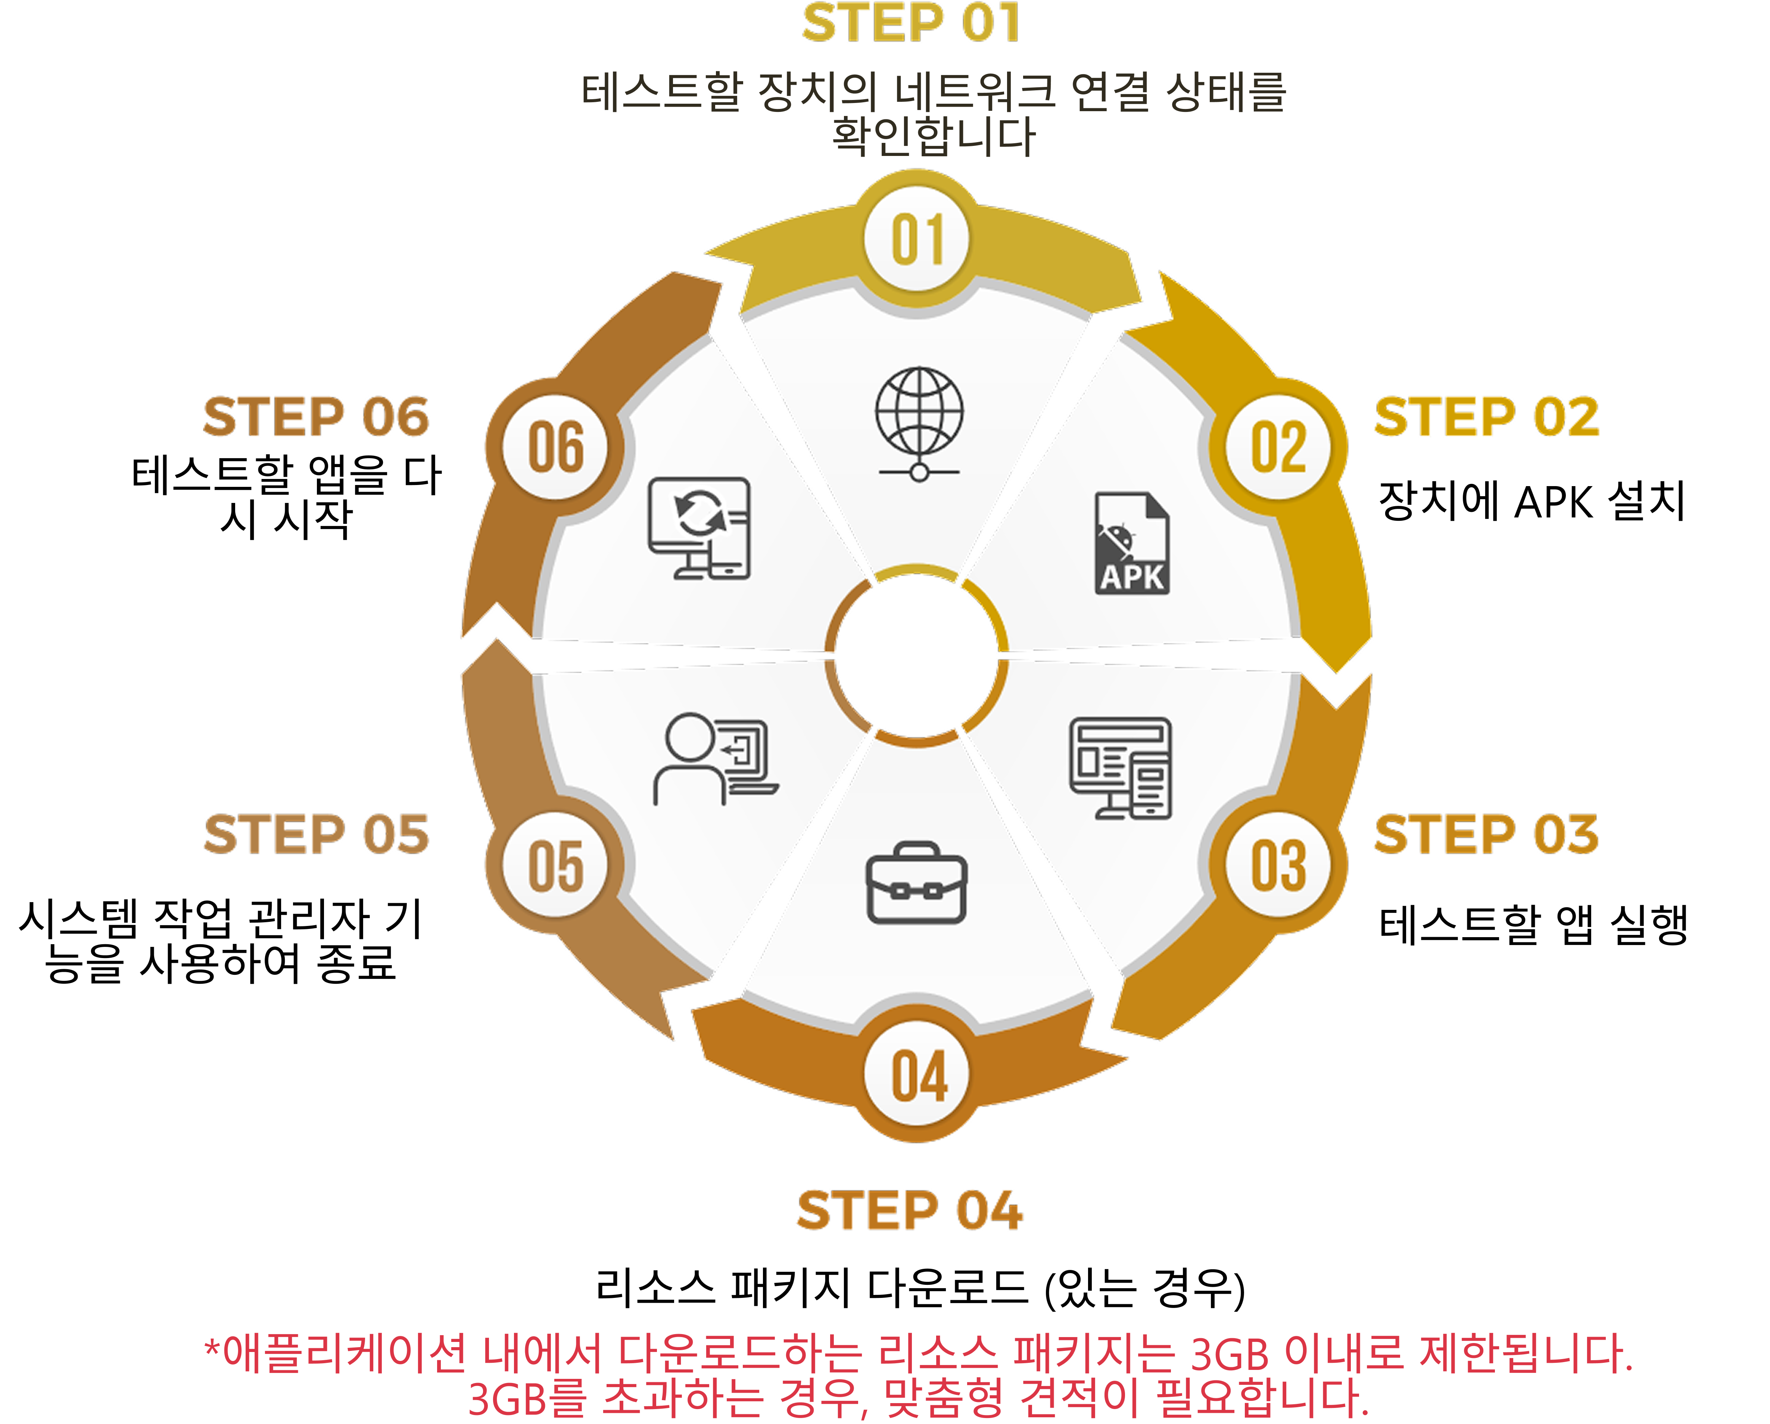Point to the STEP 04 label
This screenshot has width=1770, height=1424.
(910, 1211)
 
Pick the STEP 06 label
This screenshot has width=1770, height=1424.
(316, 417)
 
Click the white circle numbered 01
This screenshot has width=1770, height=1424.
(918, 240)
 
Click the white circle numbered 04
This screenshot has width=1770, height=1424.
(918, 1075)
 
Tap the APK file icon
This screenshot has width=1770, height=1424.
(1132, 543)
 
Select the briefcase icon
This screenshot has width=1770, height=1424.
(916, 883)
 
